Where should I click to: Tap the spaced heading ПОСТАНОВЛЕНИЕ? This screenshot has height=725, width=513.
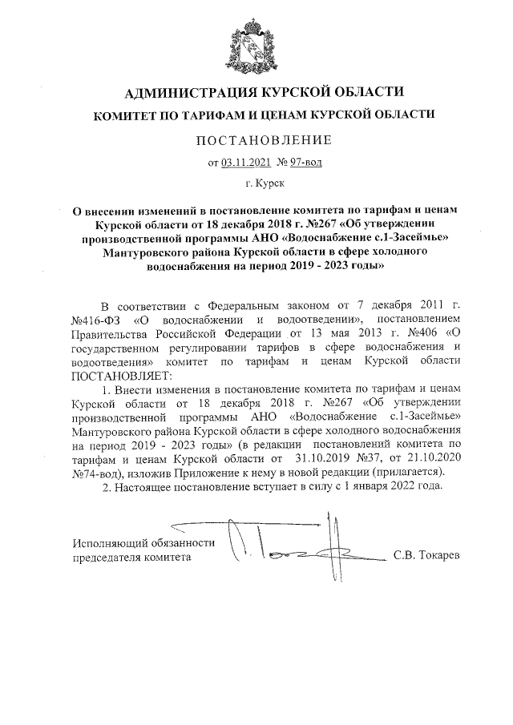pos(256,141)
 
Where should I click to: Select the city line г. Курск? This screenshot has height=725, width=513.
pos(256,185)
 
